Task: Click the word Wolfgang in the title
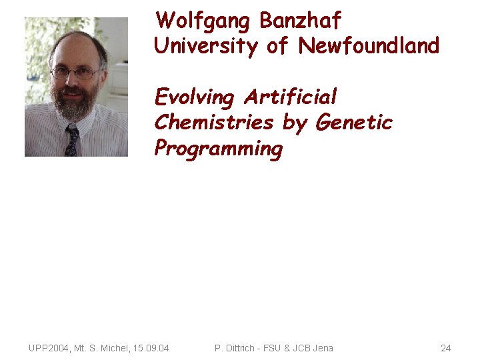coord(204,21)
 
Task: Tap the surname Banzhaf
coord(300,21)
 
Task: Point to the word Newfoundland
coord(369,47)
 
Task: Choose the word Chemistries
coord(214,123)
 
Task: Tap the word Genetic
coord(354,123)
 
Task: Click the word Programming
coord(219,149)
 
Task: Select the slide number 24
coord(446,348)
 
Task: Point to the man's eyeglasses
coord(75,73)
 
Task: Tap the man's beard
coord(75,103)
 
